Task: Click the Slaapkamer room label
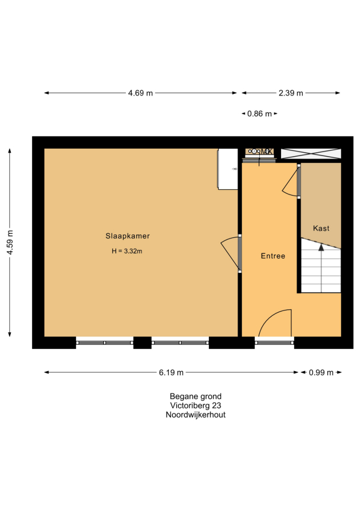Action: tap(128, 236)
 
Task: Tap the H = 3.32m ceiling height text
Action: tap(127, 251)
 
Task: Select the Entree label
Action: tap(273, 256)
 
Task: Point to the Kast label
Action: tap(321, 228)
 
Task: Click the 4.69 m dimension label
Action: tap(140, 93)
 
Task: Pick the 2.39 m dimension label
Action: tap(291, 93)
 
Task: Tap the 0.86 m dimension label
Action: tap(259, 114)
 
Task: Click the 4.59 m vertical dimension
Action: tap(10, 242)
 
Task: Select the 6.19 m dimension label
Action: tap(171, 372)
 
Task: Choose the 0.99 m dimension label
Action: tap(321, 372)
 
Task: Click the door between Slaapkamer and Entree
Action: tap(240, 253)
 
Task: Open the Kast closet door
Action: tap(298, 181)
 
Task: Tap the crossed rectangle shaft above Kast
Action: tap(311, 153)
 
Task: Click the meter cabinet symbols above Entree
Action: tap(259, 152)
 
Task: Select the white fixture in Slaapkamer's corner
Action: tap(227, 169)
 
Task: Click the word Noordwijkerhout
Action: tap(196, 415)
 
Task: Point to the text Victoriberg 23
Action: tap(196, 405)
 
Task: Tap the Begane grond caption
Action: tap(196, 396)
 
